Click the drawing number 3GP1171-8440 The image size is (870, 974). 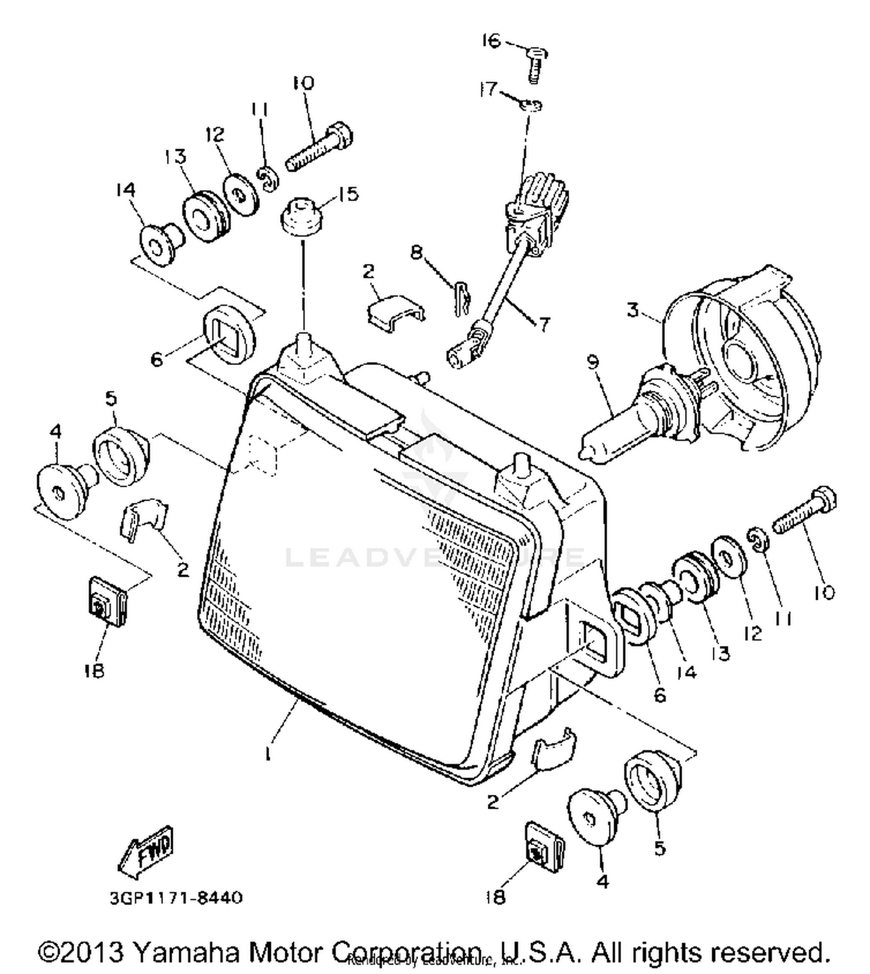[x=176, y=899]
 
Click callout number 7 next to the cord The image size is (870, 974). [x=543, y=324]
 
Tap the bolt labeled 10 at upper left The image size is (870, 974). [x=319, y=144]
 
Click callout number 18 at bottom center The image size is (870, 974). [x=495, y=897]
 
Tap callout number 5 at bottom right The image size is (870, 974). [x=659, y=848]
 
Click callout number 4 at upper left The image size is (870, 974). [x=55, y=431]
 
